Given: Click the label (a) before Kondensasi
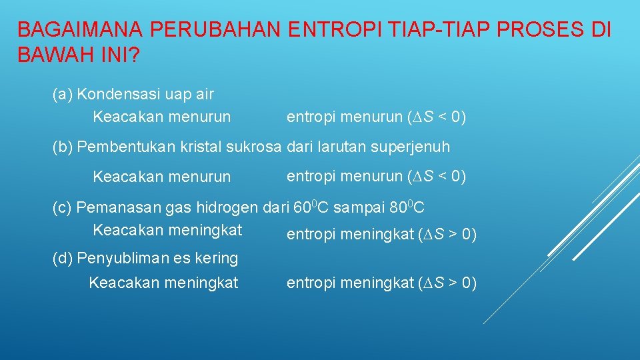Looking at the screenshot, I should tap(63, 94).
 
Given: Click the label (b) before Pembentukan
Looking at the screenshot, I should tap(63, 147).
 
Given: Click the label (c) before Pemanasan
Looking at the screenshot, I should tap(63, 207).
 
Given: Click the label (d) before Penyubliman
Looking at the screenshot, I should tap(63, 257).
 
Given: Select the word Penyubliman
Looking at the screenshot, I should tap(117, 257).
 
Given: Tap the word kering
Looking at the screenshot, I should tap(217, 257).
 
